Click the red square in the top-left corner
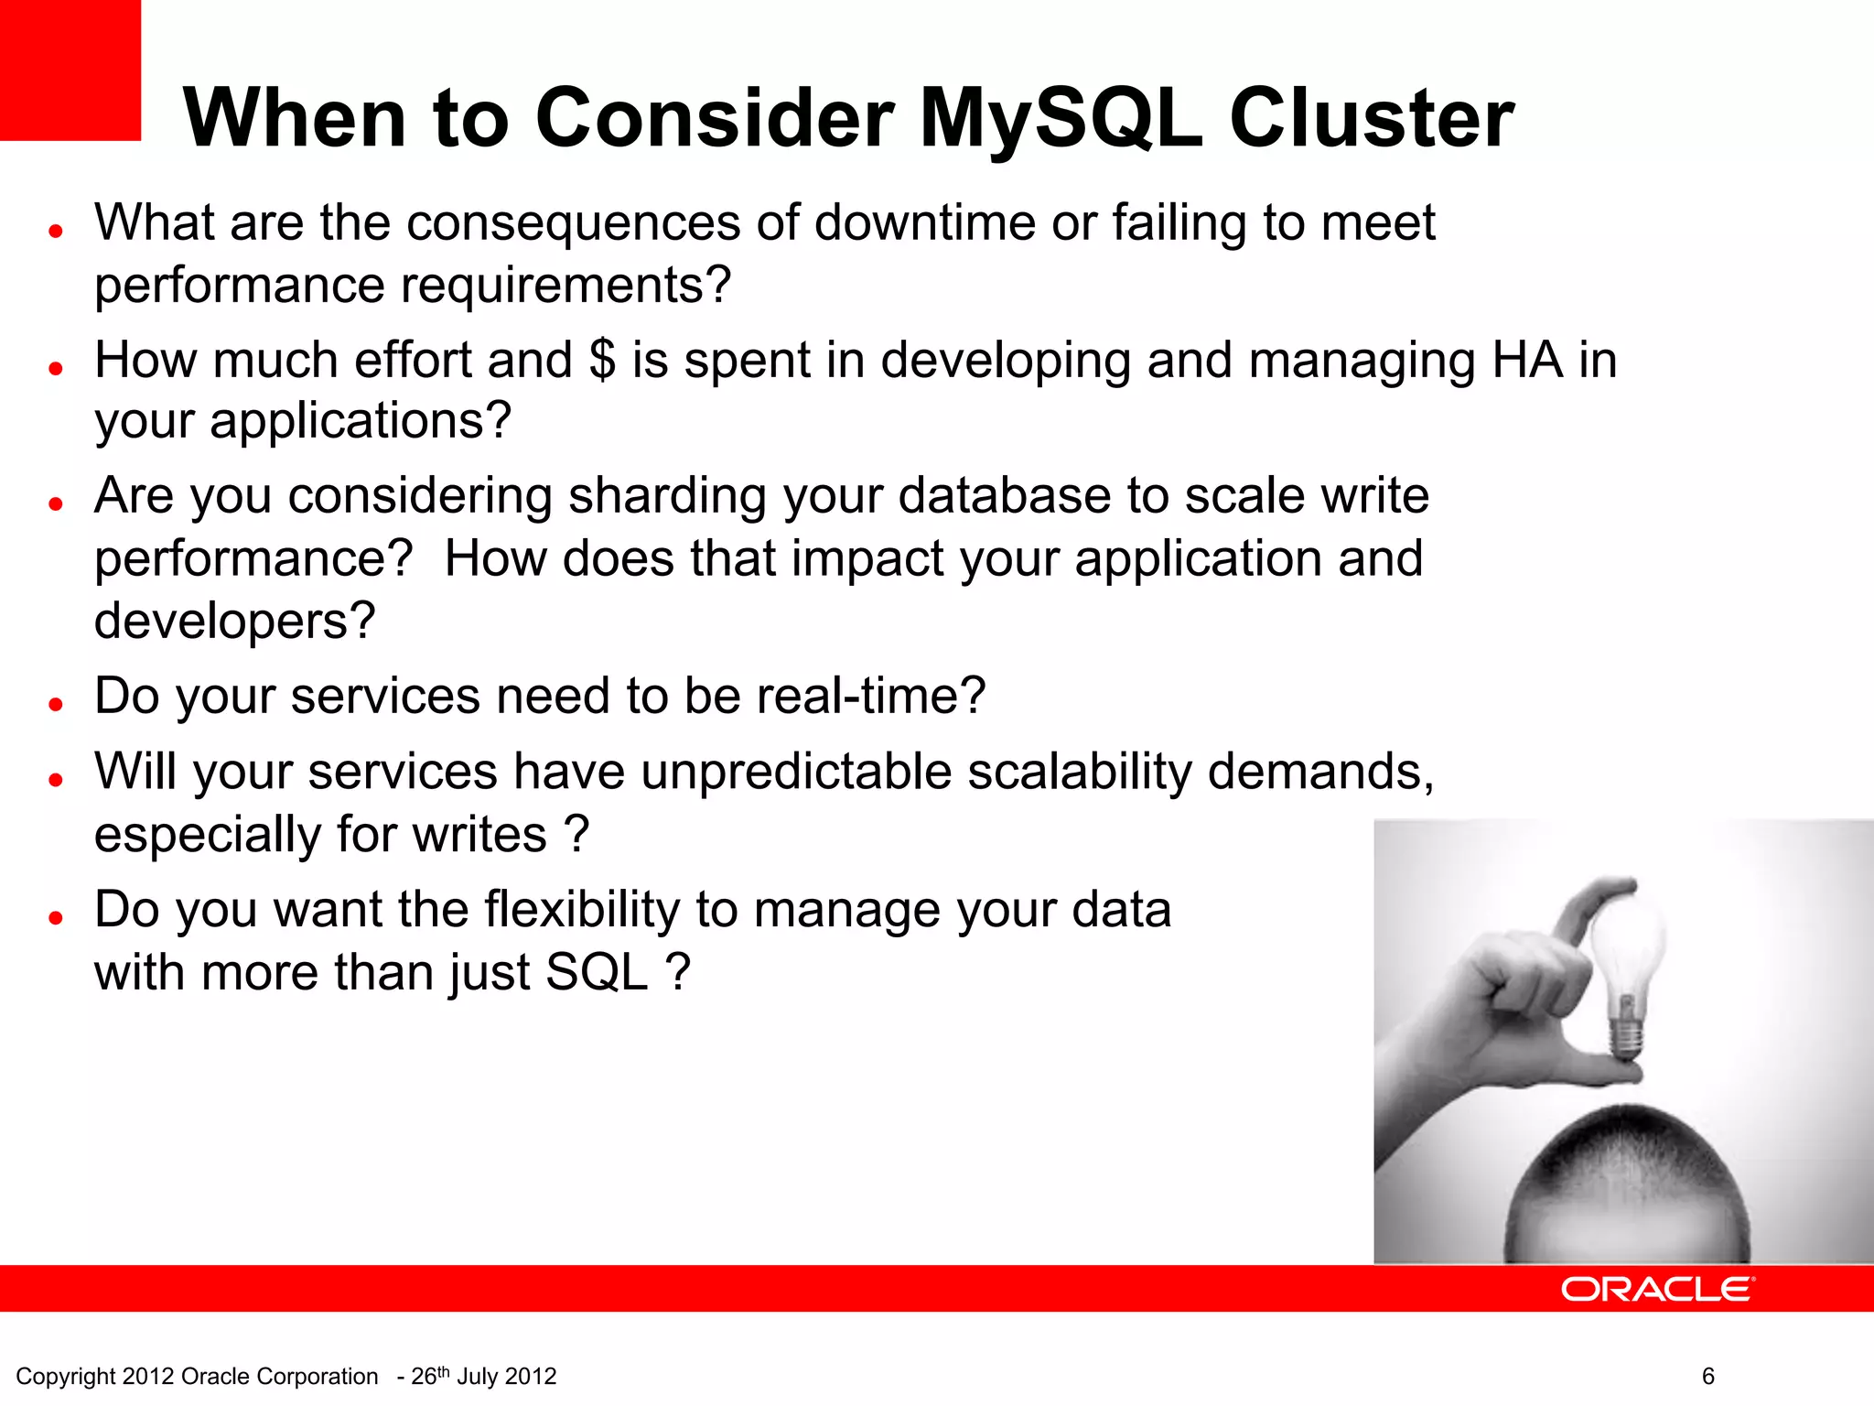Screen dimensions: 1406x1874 pyautogui.click(x=70, y=70)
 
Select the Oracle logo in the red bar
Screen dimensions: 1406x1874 pyautogui.click(x=1656, y=1289)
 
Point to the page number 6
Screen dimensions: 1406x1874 pyautogui.click(x=1707, y=1376)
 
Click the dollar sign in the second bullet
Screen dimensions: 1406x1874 pyautogui.click(x=602, y=360)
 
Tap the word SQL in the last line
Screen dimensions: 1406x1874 pyautogui.click(x=596, y=972)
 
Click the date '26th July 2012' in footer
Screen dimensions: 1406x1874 pyautogui.click(x=483, y=1376)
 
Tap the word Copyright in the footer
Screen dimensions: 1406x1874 pyautogui.click(x=66, y=1376)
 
